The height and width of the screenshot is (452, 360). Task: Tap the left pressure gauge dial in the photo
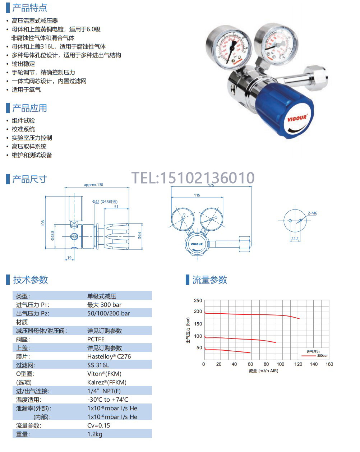coord(229,48)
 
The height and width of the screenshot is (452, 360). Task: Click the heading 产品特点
coord(29,8)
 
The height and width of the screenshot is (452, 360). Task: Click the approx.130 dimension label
coord(93,185)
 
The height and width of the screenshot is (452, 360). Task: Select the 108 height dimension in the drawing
coord(43,223)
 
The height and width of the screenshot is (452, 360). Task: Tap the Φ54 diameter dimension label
coord(139,235)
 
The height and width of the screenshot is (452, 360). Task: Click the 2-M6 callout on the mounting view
coord(313,213)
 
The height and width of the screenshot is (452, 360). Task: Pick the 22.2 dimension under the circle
coord(295,238)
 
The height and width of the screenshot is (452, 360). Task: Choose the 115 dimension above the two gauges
coord(197,195)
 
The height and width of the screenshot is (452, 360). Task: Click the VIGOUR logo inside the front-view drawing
coord(197,244)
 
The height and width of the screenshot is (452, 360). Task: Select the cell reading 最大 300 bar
coord(105,305)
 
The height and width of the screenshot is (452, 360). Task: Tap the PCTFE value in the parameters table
coord(96,339)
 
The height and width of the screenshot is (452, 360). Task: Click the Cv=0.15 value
coord(98,425)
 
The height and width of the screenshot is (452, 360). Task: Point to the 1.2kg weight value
coord(95,434)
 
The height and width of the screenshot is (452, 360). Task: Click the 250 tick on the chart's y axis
coord(198,301)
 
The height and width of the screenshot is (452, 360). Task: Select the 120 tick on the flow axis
coord(298,364)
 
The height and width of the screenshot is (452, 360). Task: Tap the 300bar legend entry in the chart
coord(322,356)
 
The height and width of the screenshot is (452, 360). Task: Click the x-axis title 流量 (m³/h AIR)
coord(263,371)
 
